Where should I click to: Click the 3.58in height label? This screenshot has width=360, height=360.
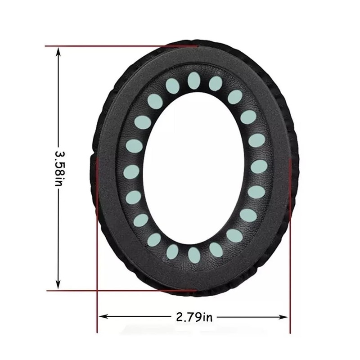pyautogui.click(x=60, y=168)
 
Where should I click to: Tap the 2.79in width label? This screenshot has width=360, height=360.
pyautogui.click(x=194, y=317)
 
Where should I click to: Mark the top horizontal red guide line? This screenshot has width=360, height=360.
pyautogui.click(x=121, y=46)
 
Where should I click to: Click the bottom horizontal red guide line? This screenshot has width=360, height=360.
pyautogui.click(x=121, y=291)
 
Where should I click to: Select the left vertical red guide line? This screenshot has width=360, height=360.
pyautogui.click(x=97, y=245)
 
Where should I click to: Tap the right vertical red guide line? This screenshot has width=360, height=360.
pyautogui.click(x=290, y=246)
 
